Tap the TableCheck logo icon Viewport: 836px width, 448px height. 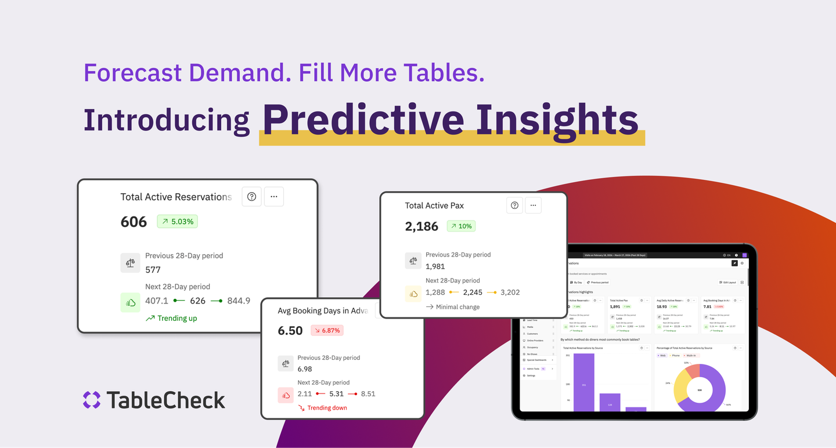(x=92, y=400)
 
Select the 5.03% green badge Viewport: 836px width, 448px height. (x=177, y=221)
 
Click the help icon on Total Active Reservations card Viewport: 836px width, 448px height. (x=251, y=197)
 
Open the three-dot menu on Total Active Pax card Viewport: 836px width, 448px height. (x=534, y=205)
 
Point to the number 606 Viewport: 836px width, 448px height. (x=134, y=222)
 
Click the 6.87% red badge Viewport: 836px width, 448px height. (x=327, y=330)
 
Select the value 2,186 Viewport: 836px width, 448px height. (x=421, y=226)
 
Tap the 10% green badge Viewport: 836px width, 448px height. (x=461, y=226)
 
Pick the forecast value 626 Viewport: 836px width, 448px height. (x=197, y=301)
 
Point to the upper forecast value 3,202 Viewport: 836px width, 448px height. (x=510, y=292)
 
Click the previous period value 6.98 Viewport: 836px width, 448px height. (x=305, y=369)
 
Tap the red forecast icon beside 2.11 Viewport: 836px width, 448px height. (x=286, y=395)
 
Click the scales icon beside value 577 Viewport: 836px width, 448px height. (x=130, y=262)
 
